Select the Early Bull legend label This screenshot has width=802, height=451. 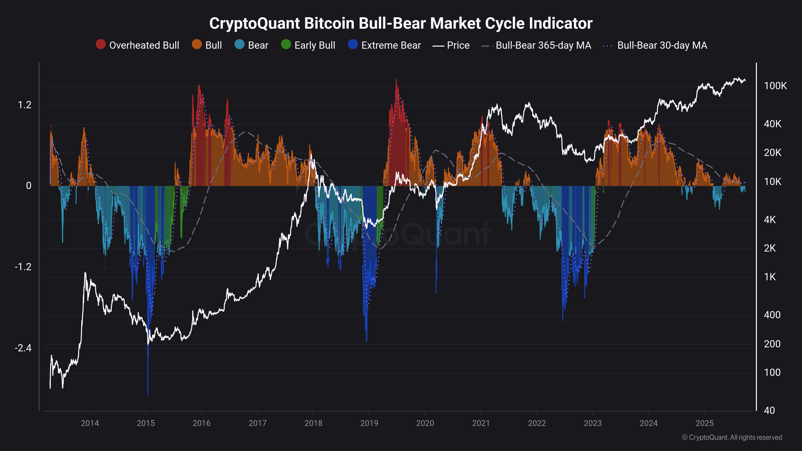314,46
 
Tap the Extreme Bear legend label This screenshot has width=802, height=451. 391,46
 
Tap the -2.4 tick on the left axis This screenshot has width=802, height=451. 23,348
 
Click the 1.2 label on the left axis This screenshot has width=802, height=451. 25,105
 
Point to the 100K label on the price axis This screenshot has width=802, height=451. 775,86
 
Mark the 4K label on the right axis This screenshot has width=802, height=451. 770,220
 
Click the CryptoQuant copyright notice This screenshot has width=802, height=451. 732,437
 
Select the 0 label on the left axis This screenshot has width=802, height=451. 29,186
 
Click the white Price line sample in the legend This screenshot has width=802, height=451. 438,46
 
